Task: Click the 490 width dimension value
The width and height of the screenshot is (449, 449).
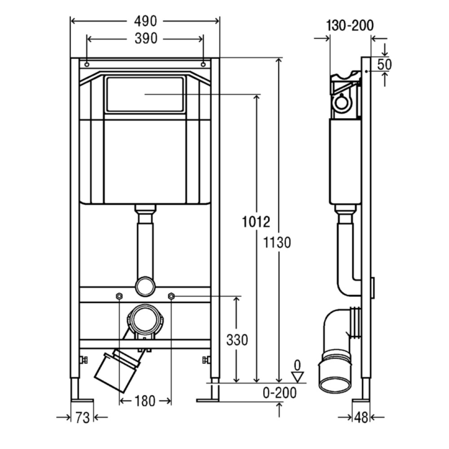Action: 145,21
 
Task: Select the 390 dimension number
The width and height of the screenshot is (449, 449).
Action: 146,38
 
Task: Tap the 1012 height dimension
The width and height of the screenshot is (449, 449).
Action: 256,222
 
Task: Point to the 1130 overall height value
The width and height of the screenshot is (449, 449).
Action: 277,242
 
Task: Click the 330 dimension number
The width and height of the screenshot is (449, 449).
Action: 237,340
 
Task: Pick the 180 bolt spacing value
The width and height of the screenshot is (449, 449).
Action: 145,401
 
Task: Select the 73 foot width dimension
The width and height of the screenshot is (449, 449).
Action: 83,418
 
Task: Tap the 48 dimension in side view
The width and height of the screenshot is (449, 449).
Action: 361,418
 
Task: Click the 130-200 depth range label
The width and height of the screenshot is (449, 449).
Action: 350,26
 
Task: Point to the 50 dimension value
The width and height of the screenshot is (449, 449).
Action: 384,64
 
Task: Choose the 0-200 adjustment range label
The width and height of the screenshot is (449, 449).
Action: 279,393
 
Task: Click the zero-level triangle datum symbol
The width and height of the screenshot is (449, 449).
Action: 298,377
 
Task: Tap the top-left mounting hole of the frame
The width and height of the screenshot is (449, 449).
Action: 87,64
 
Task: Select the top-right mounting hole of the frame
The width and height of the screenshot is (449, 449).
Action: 203,64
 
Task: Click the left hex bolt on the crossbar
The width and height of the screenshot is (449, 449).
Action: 119,296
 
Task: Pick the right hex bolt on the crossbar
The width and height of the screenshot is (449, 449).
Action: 171,296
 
